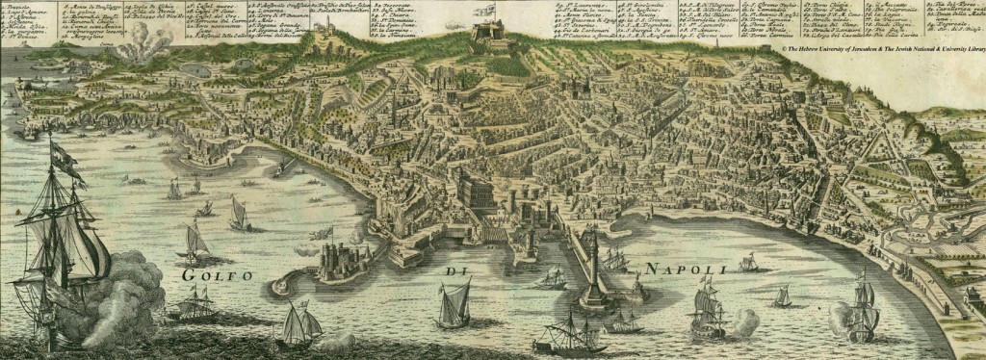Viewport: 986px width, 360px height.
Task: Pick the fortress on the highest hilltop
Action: [488, 36]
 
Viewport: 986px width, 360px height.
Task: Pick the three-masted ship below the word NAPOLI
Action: [708, 314]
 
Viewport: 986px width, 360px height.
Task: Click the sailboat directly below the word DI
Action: [453, 306]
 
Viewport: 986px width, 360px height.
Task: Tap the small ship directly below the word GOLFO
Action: [193, 306]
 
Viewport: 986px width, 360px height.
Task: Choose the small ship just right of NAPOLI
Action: [747, 264]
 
